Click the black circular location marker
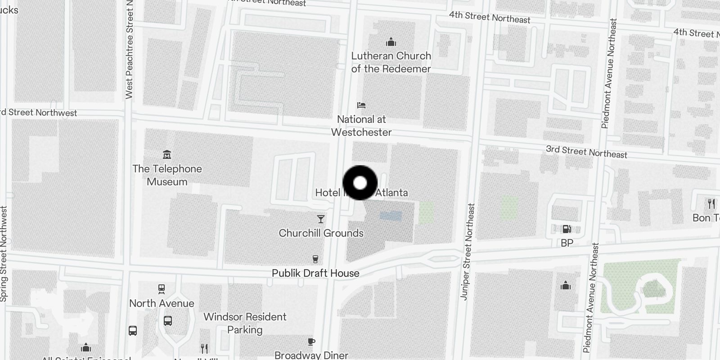click(360, 183)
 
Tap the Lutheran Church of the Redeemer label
click(391, 62)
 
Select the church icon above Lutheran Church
click(391, 42)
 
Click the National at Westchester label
click(361, 126)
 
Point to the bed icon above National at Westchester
click(361, 105)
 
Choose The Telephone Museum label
click(167, 175)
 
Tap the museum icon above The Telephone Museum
click(167, 155)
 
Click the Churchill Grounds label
click(321, 233)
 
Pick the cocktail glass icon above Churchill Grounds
click(320, 219)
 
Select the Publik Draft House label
click(315, 273)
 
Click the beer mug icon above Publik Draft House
click(315, 259)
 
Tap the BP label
click(567, 243)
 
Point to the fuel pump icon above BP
click(567, 229)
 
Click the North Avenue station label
click(162, 303)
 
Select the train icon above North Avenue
click(162, 288)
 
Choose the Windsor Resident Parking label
click(245, 323)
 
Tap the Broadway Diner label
click(311, 355)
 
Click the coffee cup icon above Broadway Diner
click(311, 342)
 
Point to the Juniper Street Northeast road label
click(468, 252)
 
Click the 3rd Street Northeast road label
click(586, 152)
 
